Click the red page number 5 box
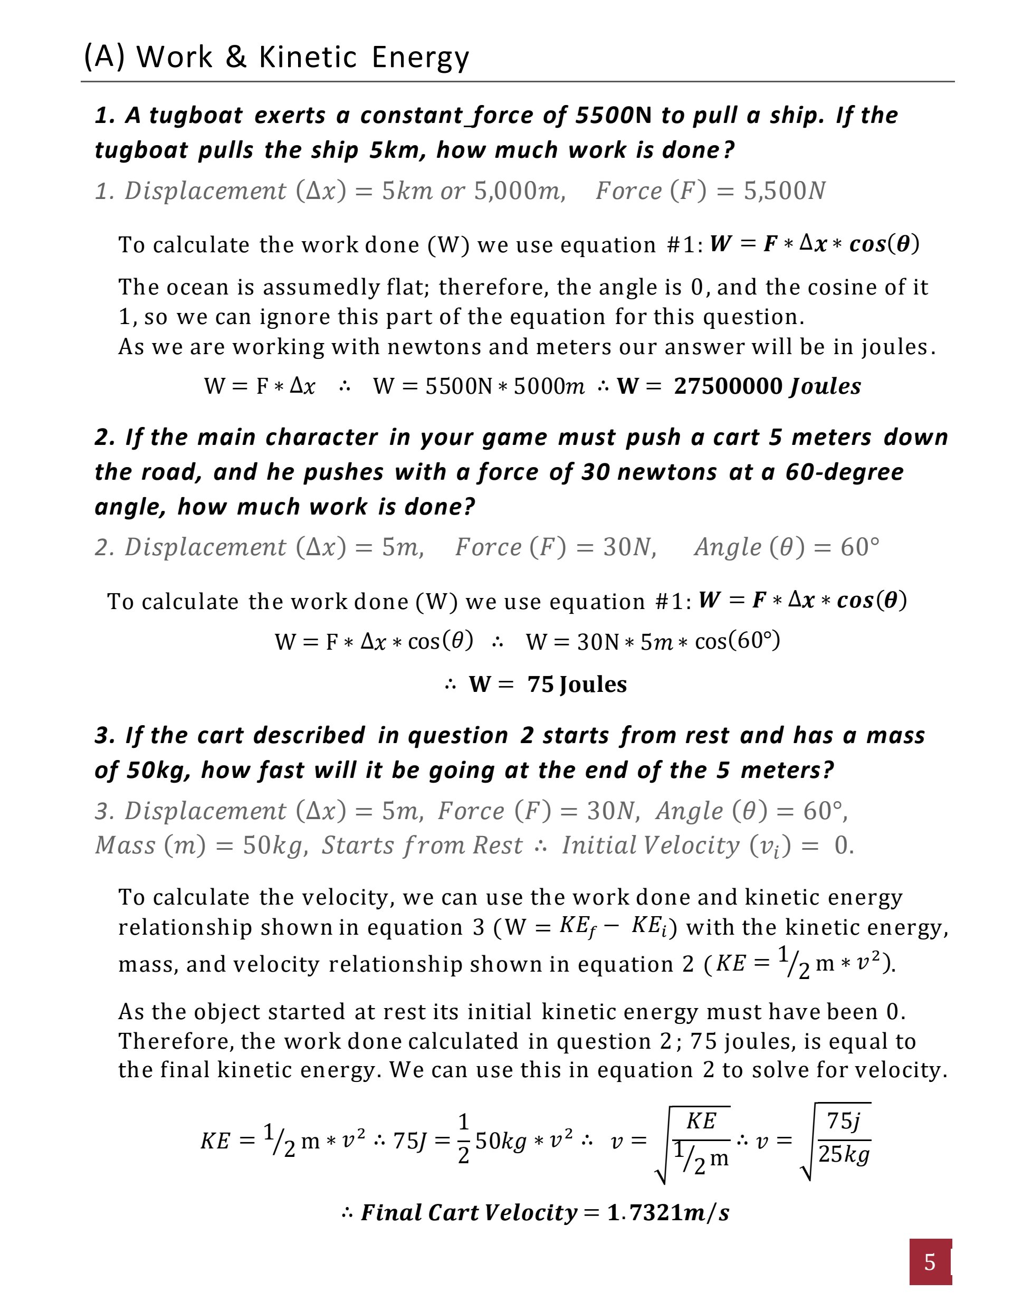(930, 1262)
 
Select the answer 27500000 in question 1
(728, 386)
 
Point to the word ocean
(196, 287)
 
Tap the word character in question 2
(322, 437)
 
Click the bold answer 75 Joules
(577, 685)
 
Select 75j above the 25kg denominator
(843, 1120)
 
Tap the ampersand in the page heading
(236, 58)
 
